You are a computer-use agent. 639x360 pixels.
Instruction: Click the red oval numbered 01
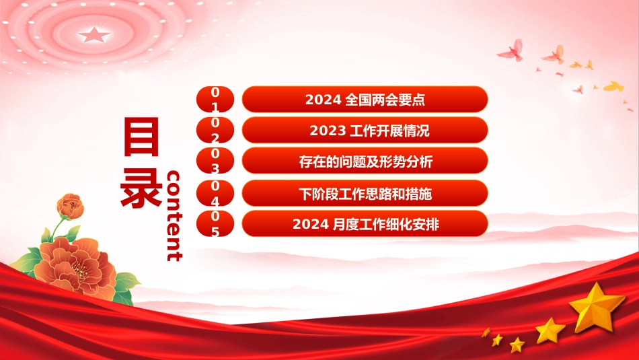coord(215,99)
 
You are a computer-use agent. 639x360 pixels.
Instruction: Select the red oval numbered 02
coord(215,130)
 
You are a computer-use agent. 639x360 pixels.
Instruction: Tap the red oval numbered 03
coord(215,161)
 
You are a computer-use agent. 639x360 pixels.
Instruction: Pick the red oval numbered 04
coord(215,193)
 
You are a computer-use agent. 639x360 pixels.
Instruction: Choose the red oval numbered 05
coord(215,223)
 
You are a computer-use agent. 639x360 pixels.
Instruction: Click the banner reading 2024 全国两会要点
coord(365,99)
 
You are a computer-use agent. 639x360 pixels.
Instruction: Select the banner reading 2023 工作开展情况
coord(365,130)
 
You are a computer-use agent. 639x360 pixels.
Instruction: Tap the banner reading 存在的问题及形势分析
coord(365,161)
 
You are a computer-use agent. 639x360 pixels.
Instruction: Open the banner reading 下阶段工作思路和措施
coord(365,193)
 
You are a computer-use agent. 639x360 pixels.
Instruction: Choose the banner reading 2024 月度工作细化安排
coord(365,223)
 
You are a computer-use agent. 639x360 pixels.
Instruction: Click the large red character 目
coord(141,137)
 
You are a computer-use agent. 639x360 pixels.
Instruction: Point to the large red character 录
coord(141,187)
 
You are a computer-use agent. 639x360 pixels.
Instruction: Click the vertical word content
coord(174,216)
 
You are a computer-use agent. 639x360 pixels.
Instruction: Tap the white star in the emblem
coord(94,35)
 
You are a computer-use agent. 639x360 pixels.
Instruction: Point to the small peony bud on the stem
coord(70,206)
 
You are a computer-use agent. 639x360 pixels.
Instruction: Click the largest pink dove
coord(511,50)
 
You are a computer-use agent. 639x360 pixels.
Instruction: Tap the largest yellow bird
coord(613,86)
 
